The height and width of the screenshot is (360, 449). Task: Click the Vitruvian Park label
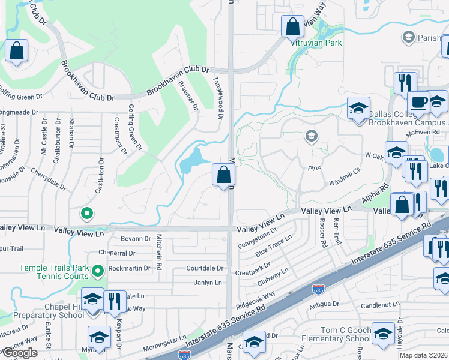click(x=316, y=43)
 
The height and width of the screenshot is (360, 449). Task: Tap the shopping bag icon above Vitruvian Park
click(x=292, y=26)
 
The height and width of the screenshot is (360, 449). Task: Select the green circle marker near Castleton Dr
click(x=87, y=212)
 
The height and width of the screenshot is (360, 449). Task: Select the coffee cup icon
click(x=418, y=102)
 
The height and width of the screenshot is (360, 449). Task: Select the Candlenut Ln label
click(x=379, y=305)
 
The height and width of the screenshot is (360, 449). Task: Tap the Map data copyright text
click(x=424, y=355)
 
